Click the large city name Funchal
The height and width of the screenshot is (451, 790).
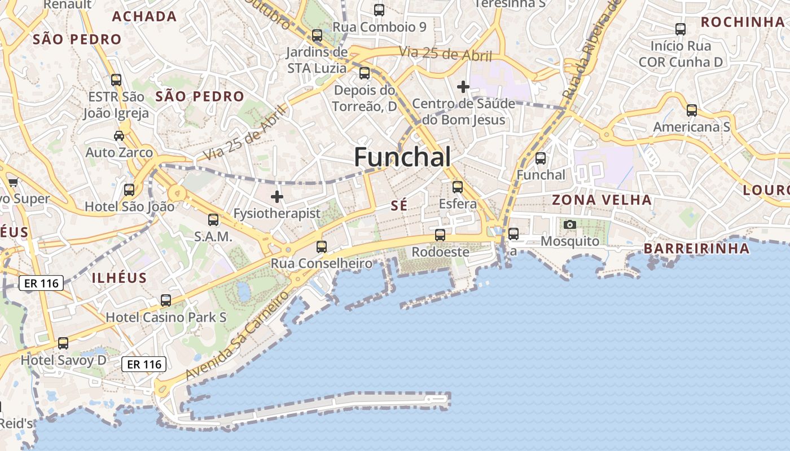[402, 157]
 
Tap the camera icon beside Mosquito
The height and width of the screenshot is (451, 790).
[570, 225]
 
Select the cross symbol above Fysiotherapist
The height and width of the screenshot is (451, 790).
[277, 197]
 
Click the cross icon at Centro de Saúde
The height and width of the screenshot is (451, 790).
[463, 87]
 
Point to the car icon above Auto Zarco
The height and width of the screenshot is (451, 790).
[119, 136]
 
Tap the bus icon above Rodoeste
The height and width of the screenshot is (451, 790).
[440, 235]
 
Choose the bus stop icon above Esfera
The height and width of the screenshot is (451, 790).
[458, 187]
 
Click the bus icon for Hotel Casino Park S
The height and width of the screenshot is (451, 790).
[166, 300]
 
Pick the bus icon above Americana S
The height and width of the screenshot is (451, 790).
[692, 110]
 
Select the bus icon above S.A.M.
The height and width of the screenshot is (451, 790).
[213, 220]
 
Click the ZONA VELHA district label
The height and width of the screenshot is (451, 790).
[602, 200]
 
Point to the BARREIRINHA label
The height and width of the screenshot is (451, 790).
[696, 249]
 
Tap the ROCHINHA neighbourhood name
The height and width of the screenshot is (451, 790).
[743, 22]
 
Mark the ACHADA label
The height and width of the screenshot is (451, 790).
[144, 16]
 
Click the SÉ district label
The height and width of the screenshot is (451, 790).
[399, 206]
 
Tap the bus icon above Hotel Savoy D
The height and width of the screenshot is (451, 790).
[63, 343]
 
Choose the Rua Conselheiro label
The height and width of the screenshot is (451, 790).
[322, 263]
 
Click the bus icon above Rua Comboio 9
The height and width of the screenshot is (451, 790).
[379, 10]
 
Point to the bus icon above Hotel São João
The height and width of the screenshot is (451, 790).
[129, 190]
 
